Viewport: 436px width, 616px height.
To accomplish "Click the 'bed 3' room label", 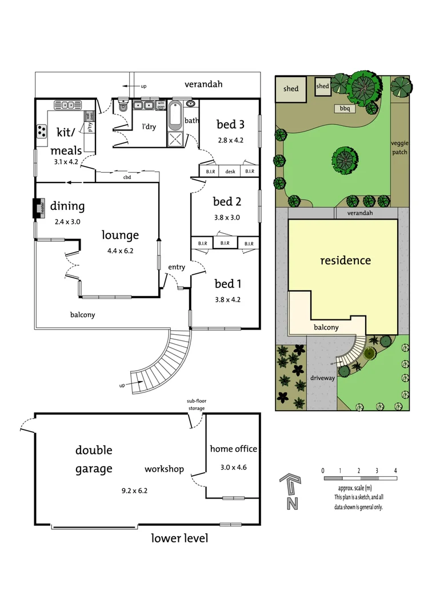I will [230, 125].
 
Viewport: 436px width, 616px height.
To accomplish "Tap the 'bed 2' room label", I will [227, 201].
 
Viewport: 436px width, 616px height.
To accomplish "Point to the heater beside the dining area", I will [38, 208].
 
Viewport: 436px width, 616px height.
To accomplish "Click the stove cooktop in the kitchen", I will [43, 131].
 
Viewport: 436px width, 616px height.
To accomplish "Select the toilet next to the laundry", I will [122, 107].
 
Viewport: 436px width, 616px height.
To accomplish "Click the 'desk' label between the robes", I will [230, 171].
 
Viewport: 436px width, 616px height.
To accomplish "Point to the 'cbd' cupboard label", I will [127, 177].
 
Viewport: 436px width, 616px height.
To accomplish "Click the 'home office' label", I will [233, 449].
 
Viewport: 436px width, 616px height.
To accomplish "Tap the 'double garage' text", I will [94, 459].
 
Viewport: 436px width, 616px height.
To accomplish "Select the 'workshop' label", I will [164, 469].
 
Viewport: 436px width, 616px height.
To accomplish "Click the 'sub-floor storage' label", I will [196, 404].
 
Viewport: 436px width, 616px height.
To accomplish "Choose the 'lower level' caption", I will [179, 538].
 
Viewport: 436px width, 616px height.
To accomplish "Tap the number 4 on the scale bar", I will [395, 471].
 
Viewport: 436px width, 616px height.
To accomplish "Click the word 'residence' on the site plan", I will [345, 261].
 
